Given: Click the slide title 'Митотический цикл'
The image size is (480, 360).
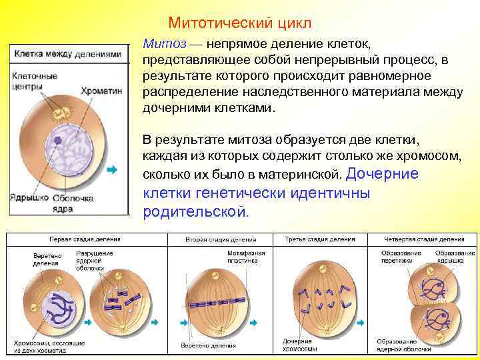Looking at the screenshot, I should [239, 23].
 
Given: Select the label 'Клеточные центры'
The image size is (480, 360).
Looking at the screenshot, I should [34, 82].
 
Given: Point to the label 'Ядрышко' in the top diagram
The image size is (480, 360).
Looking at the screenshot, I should [28, 197].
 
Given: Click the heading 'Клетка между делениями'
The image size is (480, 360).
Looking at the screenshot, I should [68, 53].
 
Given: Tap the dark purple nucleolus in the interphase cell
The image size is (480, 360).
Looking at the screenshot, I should [58, 141].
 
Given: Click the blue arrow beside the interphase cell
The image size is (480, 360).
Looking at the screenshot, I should [111, 170].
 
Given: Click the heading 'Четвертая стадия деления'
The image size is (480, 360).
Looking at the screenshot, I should [424, 239].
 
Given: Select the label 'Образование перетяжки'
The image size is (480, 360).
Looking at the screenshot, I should [397, 257].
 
